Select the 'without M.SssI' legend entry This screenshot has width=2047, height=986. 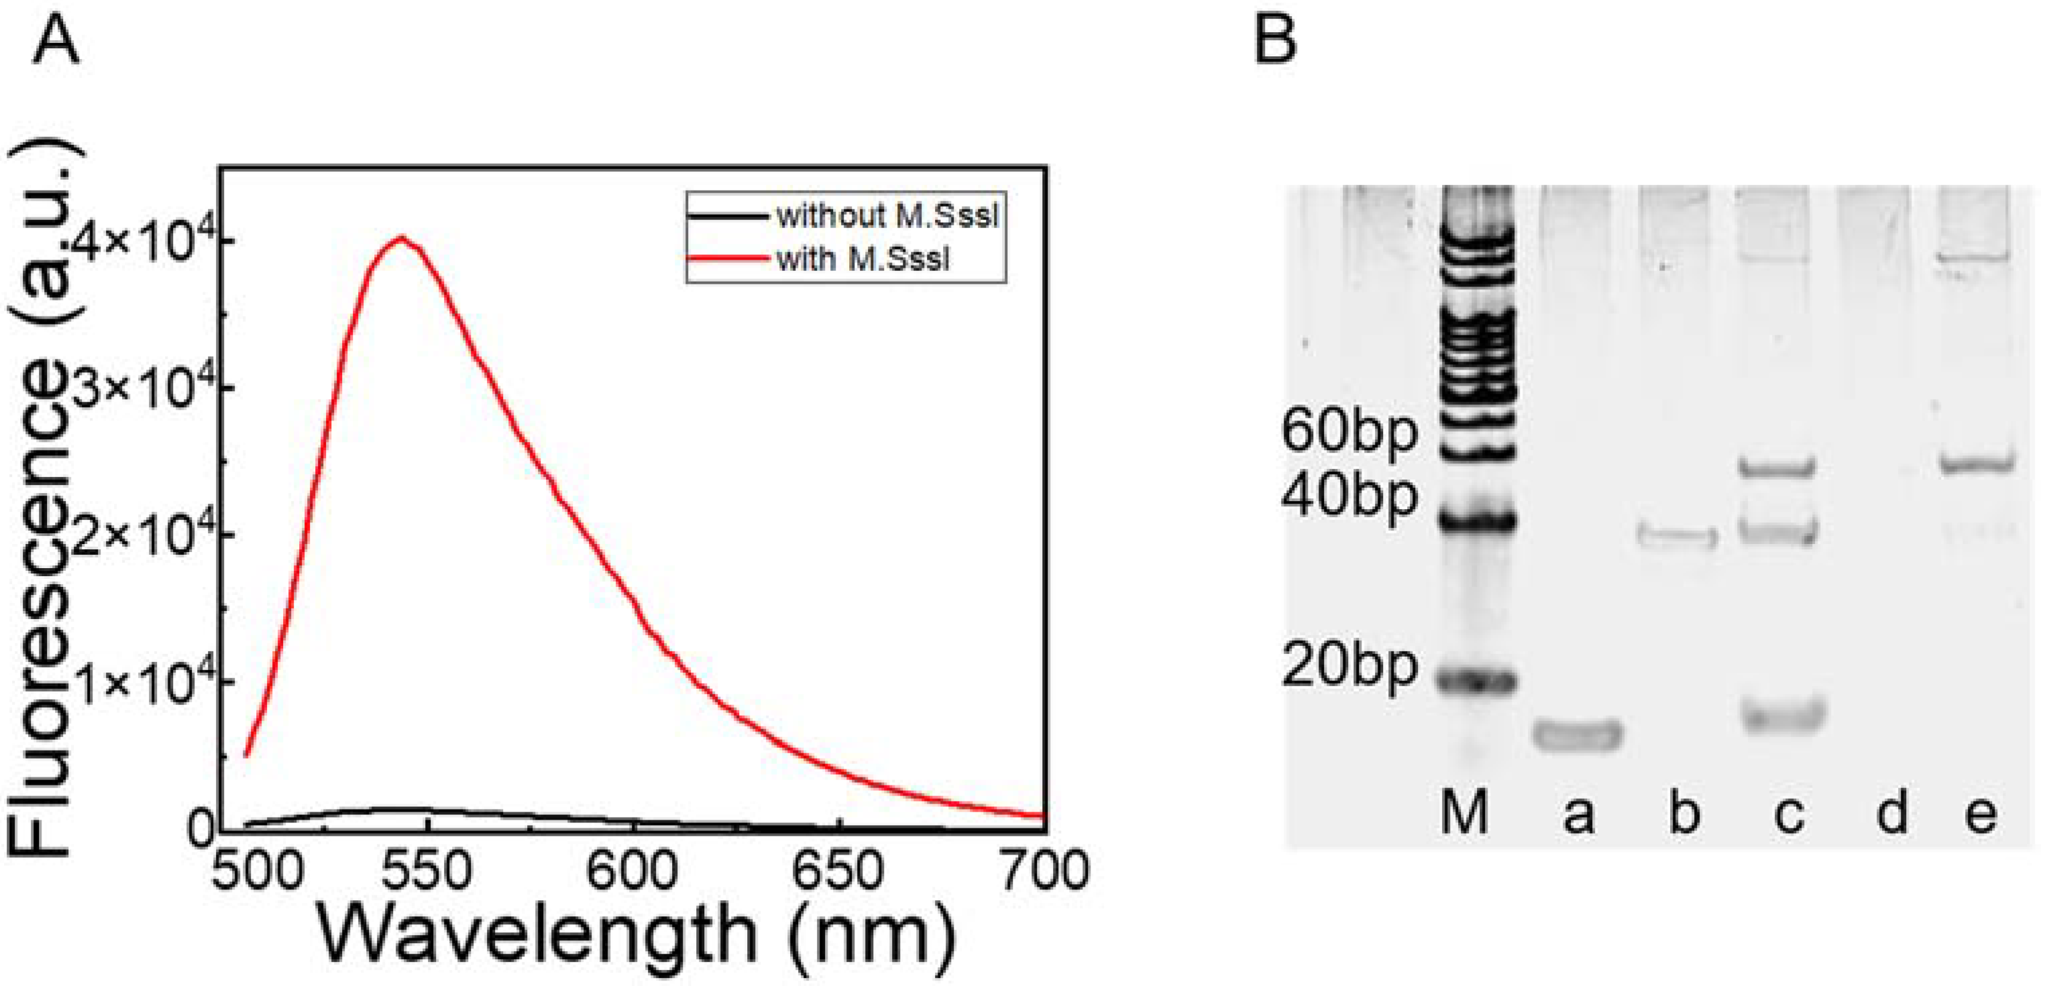click(886, 215)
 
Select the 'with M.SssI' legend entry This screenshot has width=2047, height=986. click(862, 259)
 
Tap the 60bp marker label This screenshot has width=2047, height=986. click(1349, 433)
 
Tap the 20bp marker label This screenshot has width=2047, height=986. click(1349, 667)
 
